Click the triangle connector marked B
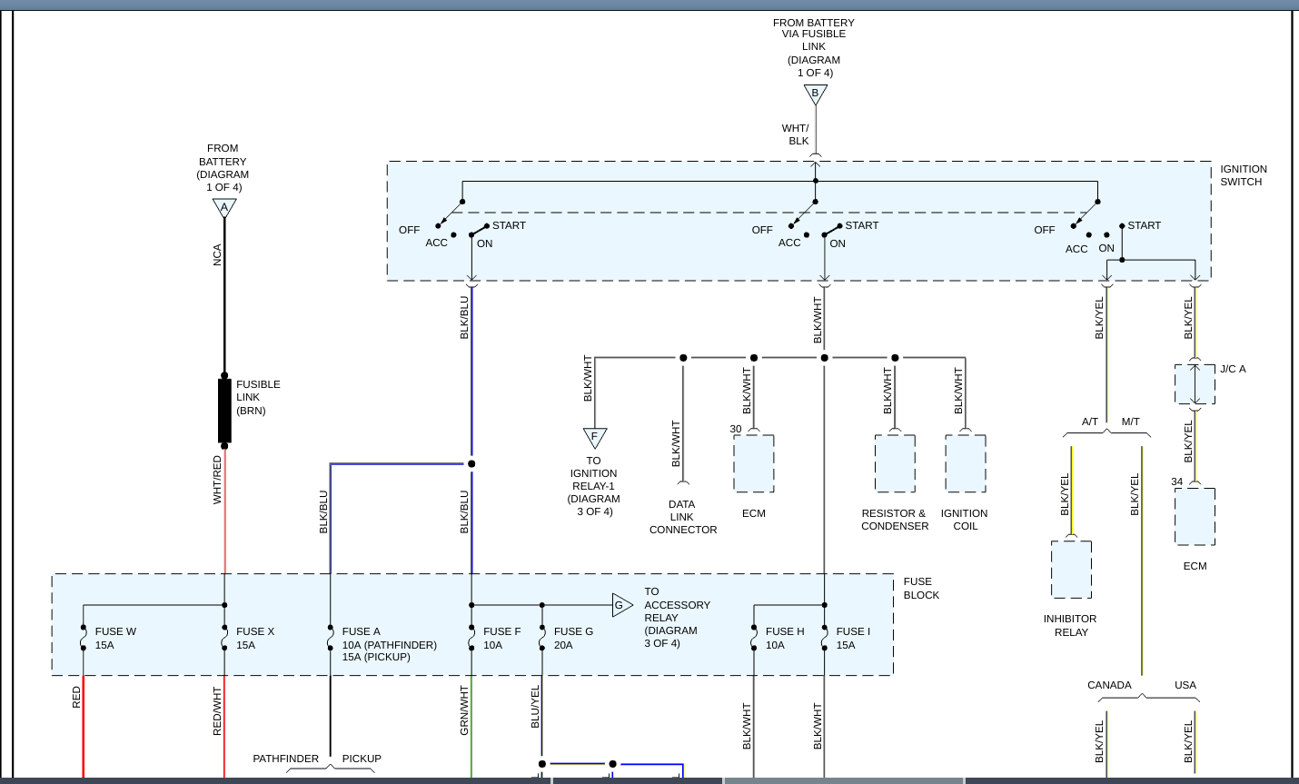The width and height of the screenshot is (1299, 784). pos(815,94)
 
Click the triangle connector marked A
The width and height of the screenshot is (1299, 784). pos(224,208)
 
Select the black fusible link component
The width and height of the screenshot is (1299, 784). pos(224,411)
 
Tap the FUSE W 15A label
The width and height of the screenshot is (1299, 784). pos(115,639)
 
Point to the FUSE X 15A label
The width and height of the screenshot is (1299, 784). pos(254,639)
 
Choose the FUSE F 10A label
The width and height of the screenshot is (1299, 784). pos(501,639)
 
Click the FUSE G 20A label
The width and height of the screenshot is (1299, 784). pos(573,639)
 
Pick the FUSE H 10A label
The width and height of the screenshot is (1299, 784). pos(785,639)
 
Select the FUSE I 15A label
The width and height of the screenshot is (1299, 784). pos(853,639)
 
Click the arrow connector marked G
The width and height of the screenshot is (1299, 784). pos(621,605)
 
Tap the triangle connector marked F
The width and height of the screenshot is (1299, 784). pos(594,437)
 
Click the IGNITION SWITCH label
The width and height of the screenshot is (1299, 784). pos(1243,175)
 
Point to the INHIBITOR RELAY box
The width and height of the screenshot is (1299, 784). pos(1071,570)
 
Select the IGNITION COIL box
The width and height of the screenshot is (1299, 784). pos(965,463)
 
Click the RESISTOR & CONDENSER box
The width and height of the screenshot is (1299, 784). pos(895,463)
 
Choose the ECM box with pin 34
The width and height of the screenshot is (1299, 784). pos(1195,517)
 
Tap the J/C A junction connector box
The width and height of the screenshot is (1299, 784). pos(1195,384)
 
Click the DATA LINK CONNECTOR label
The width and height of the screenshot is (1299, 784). pos(682,517)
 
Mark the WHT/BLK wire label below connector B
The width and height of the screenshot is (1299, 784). pos(796,134)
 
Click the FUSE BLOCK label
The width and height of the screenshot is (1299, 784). pos(921,589)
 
